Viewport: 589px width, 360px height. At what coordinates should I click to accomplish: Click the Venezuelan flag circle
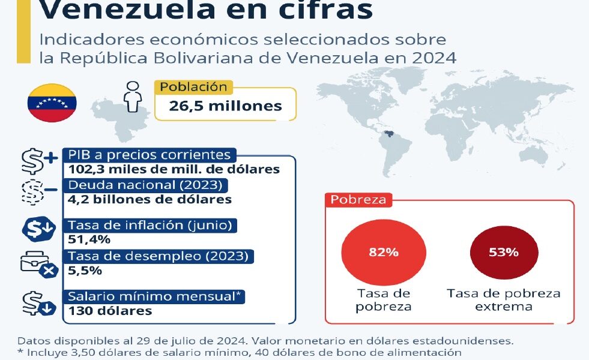pos(52,103)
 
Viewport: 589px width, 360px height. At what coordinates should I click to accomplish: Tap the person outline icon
pos(133,97)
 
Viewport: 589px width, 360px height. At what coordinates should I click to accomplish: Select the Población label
pos(193,87)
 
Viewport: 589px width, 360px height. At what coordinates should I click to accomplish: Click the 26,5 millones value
pos(225,106)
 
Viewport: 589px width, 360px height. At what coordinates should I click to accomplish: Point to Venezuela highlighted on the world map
pos(389,134)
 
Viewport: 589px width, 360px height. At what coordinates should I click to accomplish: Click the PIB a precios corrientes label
pos(150,155)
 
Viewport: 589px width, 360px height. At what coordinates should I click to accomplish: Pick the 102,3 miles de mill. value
pos(174,169)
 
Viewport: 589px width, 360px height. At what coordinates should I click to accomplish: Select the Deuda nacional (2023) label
pos(145,185)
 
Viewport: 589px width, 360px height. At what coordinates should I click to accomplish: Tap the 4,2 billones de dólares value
pos(150,199)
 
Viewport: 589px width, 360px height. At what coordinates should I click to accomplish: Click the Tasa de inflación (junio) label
pos(150,225)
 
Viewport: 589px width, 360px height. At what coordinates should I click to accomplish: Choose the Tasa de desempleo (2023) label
pos(158,256)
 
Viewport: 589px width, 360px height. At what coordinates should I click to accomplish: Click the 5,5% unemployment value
pos(85,270)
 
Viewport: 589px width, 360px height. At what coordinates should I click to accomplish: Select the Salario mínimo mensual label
pos(154,296)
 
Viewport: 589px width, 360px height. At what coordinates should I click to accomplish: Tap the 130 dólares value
pos(110,311)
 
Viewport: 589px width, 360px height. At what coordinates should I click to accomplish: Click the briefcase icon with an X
pos(39,264)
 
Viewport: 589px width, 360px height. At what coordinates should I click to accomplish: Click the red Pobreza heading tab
pos(358,200)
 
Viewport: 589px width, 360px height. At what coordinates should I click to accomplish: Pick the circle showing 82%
pos(384,252)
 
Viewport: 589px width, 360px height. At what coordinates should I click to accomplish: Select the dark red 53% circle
pos(504,252)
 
